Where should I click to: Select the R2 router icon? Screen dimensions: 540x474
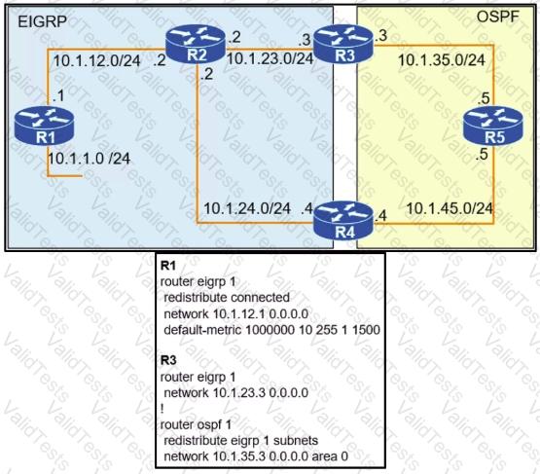pyautogui.click(x=196, y=44)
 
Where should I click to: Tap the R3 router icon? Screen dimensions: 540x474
pyautogui.click(x=344, y=45)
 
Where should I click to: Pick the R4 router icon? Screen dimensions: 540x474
pyautogui.click(x=344, y=221)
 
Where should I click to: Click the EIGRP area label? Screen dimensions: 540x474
pyautogui.click(x=42, y=22)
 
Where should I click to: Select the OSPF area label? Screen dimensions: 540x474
pyautogui.click(x=497, y=17)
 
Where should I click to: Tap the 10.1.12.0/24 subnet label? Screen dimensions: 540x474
pyautogui.click(x=96, y=61)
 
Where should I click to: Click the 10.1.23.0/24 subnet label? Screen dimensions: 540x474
pyautogui.click(x=270, y=58)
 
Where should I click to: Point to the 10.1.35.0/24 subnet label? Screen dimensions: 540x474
pyautogui.click(x=442, y=60)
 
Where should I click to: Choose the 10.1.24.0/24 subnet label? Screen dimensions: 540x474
pyautogui.click(x=247, y=208)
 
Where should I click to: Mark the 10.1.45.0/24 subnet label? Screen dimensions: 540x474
pyautogui.click(x=450, y=208)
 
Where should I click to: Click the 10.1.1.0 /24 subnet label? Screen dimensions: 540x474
pyautogui.click(x=89, y=159)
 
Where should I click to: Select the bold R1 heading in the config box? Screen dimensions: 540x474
pyautogui.click(x=168, y=266)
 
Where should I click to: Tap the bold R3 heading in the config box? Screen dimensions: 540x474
pyautogui.click(x=168, y=360)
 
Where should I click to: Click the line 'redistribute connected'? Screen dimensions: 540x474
pyautogui.click(x=227, y=297)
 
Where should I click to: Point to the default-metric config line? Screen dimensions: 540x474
pyautogui.click(x=271, y=330)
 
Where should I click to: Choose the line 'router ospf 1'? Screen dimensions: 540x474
pyautogui.click(x=196, y=424)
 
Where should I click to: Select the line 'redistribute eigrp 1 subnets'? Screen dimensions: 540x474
pyautogui.click(x=240, y=441)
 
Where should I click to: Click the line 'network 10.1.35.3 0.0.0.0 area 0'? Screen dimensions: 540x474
pyautogui.click(x=256, y=456)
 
